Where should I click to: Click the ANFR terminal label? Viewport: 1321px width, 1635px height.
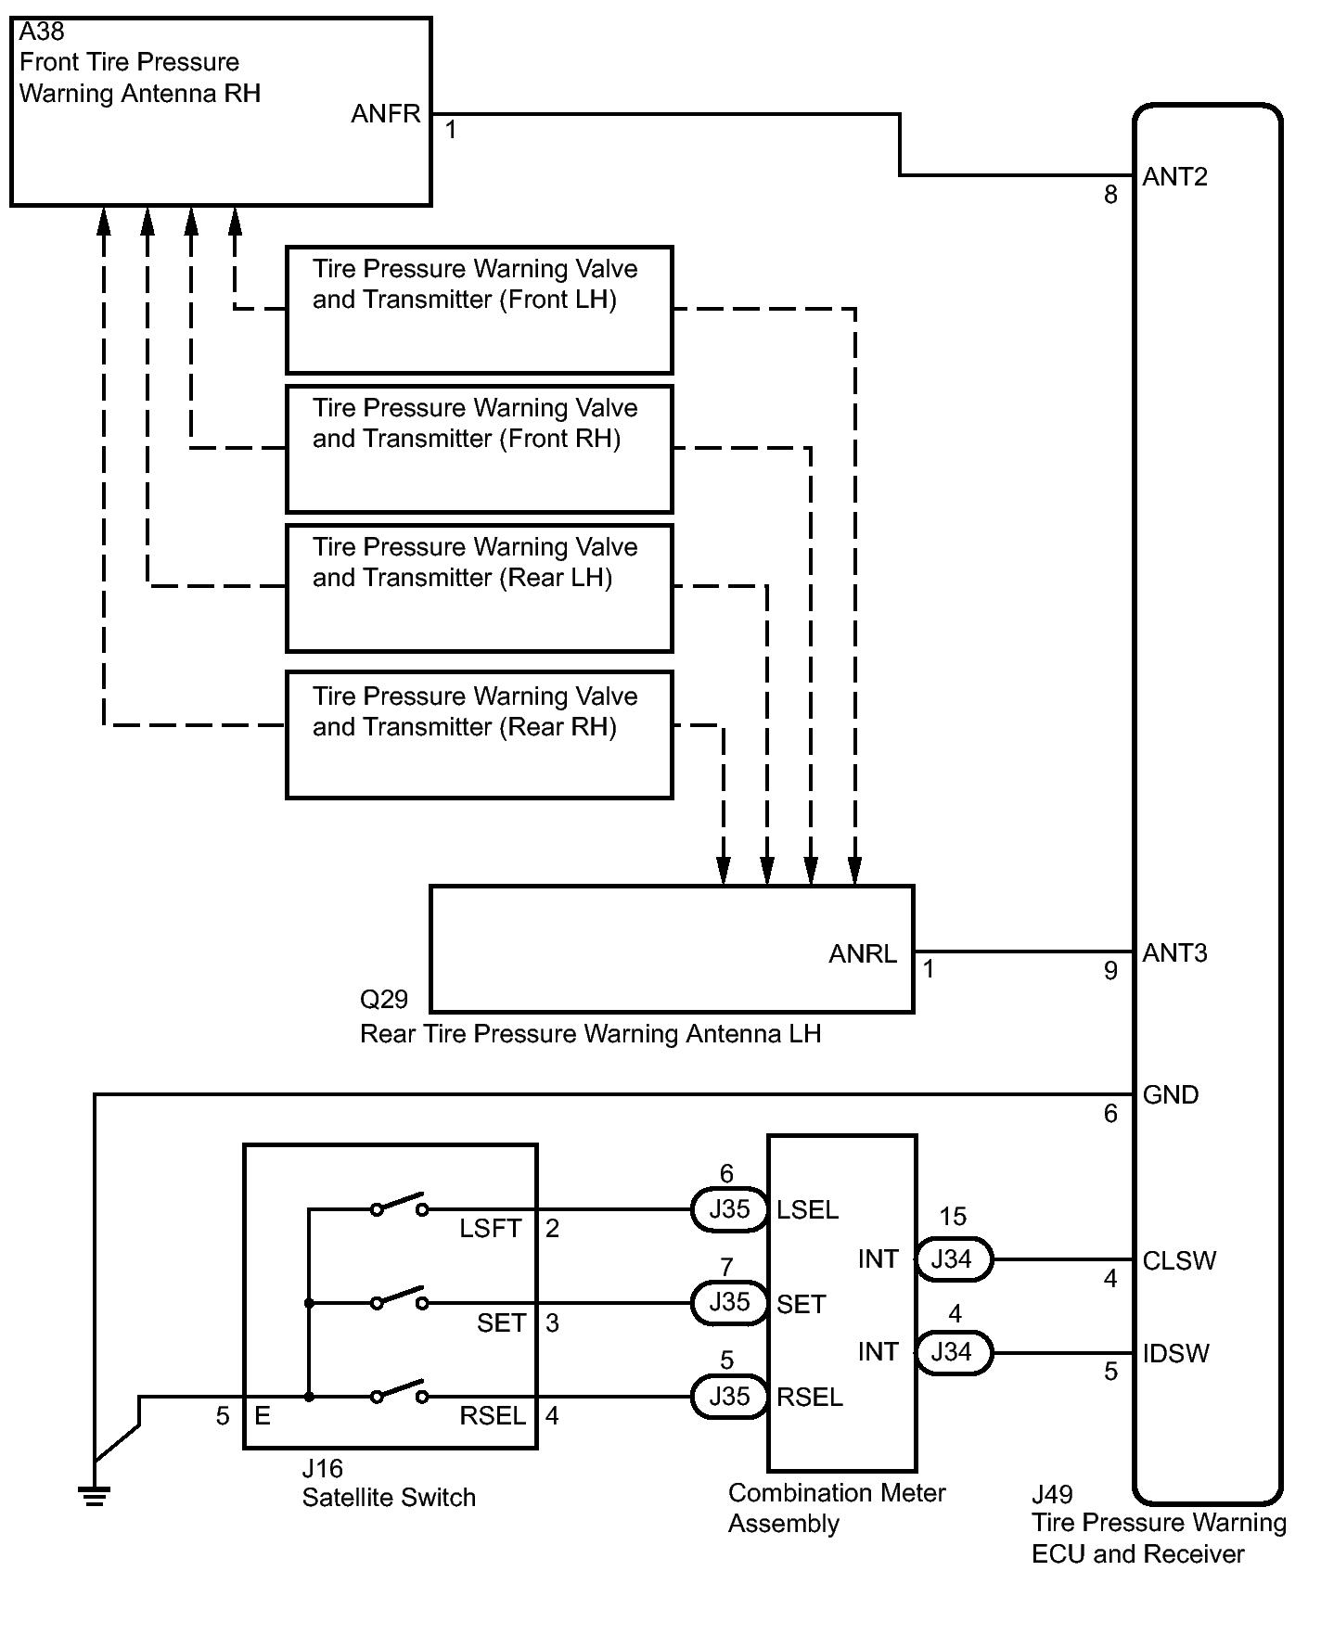point(385,114)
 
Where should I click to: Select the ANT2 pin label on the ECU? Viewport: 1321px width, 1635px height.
point(1174,177)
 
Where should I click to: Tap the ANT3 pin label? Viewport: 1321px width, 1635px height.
point(1174,953)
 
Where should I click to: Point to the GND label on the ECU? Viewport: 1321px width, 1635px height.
point(1170,1095)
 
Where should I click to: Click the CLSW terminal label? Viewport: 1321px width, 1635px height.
point(1178,1261)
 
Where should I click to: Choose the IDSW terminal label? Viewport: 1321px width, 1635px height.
point(1175,1354)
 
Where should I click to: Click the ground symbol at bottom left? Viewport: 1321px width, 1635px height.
point(94,1495)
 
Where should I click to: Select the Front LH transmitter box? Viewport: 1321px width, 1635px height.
point(479,310)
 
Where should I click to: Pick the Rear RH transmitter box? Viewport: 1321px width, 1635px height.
point(479,735)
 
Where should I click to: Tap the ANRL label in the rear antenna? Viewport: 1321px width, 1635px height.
point(862,954)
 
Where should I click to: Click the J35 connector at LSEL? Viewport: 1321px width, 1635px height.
point(729,1210)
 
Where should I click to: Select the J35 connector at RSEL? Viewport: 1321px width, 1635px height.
point(729,1397)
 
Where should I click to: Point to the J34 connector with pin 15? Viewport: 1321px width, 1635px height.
point(953,1259)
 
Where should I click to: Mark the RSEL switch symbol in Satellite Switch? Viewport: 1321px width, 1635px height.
point(399,1393)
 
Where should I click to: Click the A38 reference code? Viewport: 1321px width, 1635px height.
point(42,32)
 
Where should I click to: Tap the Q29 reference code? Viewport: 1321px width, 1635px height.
point(383,1000)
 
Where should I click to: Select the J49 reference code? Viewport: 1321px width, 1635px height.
point(1052,1495)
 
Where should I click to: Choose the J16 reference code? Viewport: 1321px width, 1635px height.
point(322,1469)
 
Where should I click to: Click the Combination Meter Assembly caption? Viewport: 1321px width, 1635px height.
point(836,1508)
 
